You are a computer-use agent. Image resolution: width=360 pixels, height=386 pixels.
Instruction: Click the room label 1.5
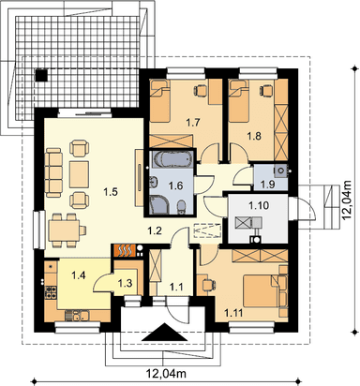pyautogui.click(x=111, y=192)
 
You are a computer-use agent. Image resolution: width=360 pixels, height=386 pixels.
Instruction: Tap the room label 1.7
pyautogui.click(x=193, y=123)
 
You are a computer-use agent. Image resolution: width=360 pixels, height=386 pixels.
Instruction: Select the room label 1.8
pyautogui.click(x=254, y=136)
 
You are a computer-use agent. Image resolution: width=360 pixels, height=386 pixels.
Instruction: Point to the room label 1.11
pyautogui.click(x=234, y=312)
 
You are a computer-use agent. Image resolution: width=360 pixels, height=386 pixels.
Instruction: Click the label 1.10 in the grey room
pyautogui.click(x=259, y=205)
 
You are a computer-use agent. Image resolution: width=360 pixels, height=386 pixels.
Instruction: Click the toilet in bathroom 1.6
pyautogui.click(x=181, y=208)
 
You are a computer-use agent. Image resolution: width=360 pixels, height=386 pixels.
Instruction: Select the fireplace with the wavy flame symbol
pyautogui.click(x=125, y=250)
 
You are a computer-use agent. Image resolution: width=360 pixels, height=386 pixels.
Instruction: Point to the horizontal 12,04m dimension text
pyautogui.click(x=166, y=373)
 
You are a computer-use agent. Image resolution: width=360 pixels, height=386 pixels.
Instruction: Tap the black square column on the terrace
pyautogui.click(x=41, y=75)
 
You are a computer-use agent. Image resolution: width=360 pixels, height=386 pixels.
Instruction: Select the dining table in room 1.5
pyautogui.click(x=65, y=230)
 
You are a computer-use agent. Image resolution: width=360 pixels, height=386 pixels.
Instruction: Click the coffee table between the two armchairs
pyautogui.click(x=79, y=174)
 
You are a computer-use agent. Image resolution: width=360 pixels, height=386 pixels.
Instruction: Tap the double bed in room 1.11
pyautogui.click(x=261, y=291)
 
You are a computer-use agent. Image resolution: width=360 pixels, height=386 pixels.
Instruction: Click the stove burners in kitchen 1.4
pyautogui.click(x=52, y=292)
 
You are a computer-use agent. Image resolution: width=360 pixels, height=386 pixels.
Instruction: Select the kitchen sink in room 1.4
pyautogui.click(x=77, y=316)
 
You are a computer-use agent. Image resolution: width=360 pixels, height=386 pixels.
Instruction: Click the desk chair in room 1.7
pyautogui.click(x=201, y=90)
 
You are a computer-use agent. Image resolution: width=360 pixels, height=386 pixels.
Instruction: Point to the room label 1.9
pyautogui.click(x=267, y=185)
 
